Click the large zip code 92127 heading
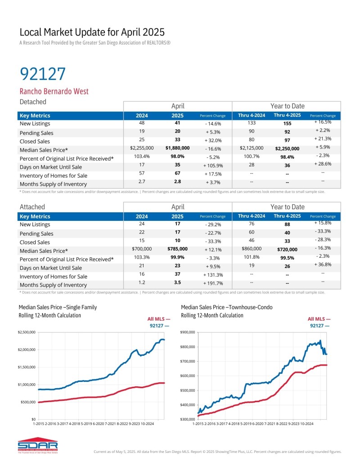(43, 73)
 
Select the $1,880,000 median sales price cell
(177, 148)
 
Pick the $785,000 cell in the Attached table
(177, 249)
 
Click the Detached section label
(33, 102)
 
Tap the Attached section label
(32, 207)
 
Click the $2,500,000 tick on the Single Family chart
(27, 332)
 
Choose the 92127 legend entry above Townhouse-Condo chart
(319, 325)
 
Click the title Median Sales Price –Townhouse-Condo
(226, 307)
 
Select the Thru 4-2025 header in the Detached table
(287, 116)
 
